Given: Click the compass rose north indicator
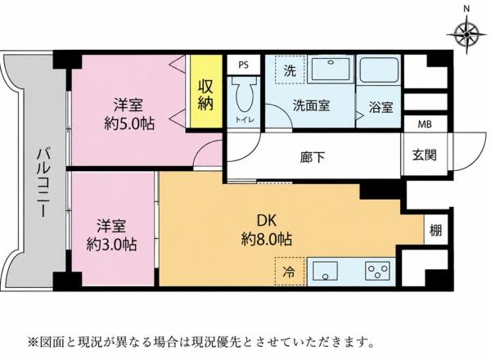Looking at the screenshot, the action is click(466, 31).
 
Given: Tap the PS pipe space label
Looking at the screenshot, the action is click(244, 65).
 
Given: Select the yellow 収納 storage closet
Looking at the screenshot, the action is click(205, 91).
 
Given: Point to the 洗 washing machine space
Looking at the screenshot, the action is click(290, 70).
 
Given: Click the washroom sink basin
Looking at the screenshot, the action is click(331, 69).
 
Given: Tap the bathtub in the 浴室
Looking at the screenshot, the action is click(379, 70).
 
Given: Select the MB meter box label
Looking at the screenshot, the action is click(425, 124).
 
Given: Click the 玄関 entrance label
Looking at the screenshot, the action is click(424, 155).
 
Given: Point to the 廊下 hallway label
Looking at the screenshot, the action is click(313, 157).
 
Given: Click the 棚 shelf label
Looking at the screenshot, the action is click(435, 231).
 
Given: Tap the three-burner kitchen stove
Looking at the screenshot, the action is click(377, 271).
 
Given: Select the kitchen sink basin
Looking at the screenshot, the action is click(326, 271).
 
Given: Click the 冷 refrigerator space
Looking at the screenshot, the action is click(290, 272).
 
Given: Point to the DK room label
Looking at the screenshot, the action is click(267, 221).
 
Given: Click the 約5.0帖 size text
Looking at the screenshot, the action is click(129, 124).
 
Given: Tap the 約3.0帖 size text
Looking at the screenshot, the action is click(112, 245).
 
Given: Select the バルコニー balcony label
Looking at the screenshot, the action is click(43, 183).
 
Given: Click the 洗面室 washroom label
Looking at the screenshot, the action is click(311, 106).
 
